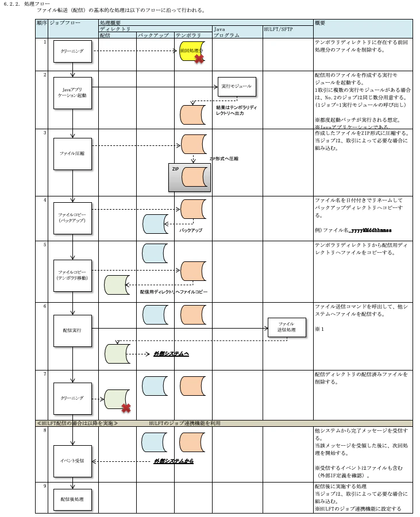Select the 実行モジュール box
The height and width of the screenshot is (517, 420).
[x=236, y=86]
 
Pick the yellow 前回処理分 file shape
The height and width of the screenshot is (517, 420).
[x=192, y=51]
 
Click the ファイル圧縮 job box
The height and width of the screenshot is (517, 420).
[x=73, y=153]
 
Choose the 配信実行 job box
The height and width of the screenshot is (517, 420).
[x=73, y=330]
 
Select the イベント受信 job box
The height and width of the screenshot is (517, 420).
[x=73, y=460]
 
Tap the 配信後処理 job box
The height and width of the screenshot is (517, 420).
[x=73, y=499]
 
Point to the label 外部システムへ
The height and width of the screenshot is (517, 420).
[x=171, y=353]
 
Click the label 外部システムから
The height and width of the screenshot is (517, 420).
[x=173, y=461]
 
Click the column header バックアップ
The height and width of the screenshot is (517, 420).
[x=153, y=35]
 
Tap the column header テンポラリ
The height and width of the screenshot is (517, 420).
[x=188, y=35]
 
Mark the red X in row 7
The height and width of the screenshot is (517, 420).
[x=125, y=408]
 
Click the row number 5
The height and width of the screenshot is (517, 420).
[x=44, y=245]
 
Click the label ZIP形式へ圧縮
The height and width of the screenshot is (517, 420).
[x=224, y=158]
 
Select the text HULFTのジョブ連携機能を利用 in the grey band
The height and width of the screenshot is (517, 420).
[x=184, y=423]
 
